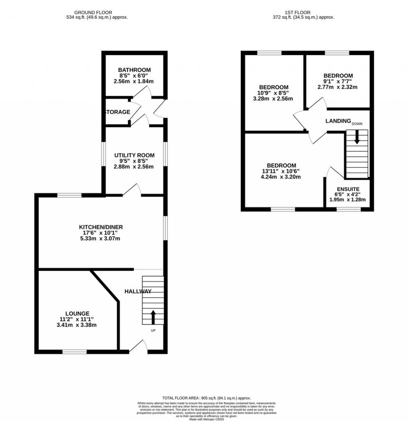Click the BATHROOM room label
134,70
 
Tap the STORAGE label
118,112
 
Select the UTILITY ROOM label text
134,155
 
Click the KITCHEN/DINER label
101,227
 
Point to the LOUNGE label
78,313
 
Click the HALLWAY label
138,291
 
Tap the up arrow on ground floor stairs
153,317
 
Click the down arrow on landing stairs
357,137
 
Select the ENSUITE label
348,189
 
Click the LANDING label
338,121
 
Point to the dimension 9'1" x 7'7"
337,81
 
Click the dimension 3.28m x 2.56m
273,99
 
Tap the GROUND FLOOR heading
93,12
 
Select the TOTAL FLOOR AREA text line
206,398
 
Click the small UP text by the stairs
153,331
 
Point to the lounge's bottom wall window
75,351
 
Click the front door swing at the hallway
138,346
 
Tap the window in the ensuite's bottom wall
349,208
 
